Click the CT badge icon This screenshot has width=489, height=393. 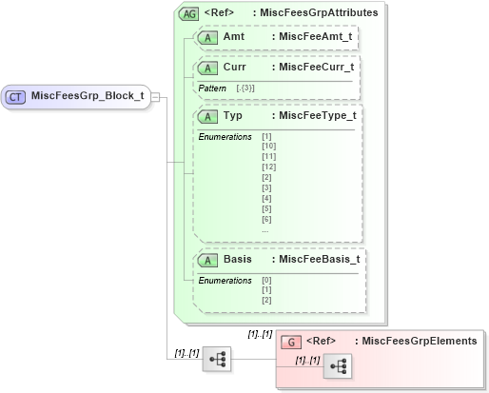click(16, 95)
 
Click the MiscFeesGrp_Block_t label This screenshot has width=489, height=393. click(88, 95)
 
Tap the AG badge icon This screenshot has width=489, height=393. click(187, 13)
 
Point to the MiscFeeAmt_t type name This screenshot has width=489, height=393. click(311, 38)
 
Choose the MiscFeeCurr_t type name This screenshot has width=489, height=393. click(313, 68)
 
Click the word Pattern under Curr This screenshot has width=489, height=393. click(212, 88)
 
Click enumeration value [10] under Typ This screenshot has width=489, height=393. click(268, 147)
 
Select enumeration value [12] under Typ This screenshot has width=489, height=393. click(268, 167)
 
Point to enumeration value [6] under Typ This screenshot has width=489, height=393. click(266, 220)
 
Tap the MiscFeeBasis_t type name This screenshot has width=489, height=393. click(315, 259)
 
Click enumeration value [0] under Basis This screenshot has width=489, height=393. click(266, 280)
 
